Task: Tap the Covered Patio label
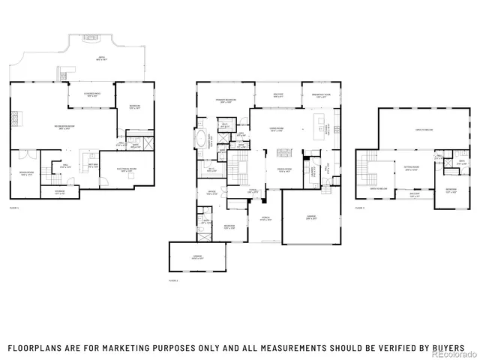coord(94,95)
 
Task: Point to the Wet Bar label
coord(94,165)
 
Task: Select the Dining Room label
coord(284,170)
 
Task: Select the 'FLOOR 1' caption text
coord(14,207)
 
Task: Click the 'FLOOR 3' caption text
coord(360,207)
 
